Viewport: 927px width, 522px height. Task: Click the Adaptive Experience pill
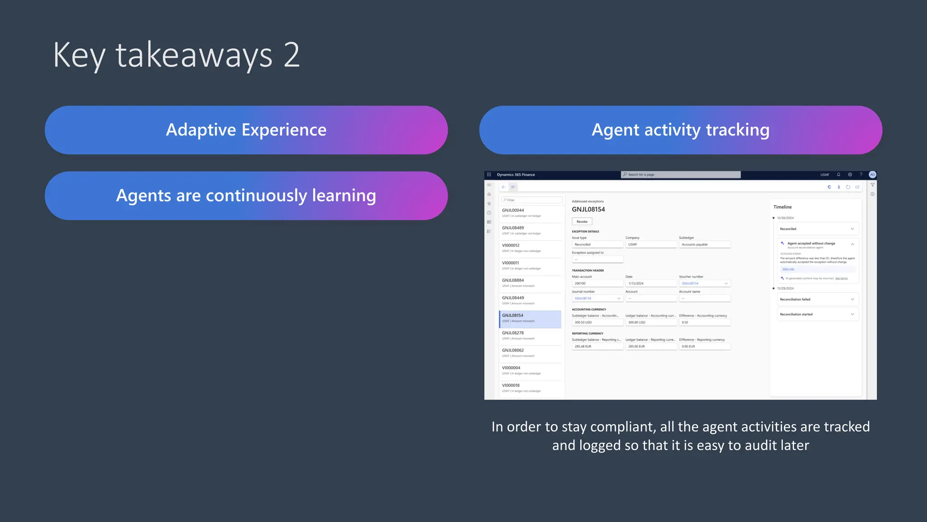[246, 130]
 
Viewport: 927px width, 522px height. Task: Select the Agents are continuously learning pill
[246, 196]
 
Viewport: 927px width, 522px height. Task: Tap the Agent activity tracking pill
[680, 130]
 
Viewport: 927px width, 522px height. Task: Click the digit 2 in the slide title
[292, 55]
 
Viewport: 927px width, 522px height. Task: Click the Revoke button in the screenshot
[582, 222]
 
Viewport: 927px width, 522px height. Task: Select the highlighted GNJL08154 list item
[530, 318]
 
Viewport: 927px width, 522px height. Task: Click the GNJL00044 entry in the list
[530, 213]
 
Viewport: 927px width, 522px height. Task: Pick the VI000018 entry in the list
[530, 388]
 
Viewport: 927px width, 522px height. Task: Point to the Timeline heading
[782, 207]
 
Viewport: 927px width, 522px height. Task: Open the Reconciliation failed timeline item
[817, 300]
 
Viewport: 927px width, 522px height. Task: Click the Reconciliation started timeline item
[817, 314]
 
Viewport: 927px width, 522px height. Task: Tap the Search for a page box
[680, 174]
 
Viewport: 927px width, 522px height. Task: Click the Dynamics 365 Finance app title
[516, 174]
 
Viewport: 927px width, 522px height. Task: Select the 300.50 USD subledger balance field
[597, 323]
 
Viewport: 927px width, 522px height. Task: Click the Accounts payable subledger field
[704, 245]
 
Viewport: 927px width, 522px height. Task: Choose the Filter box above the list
[532, 200]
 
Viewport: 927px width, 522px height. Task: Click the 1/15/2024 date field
[650, 284]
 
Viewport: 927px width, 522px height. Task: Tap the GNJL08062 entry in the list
[530, 353]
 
